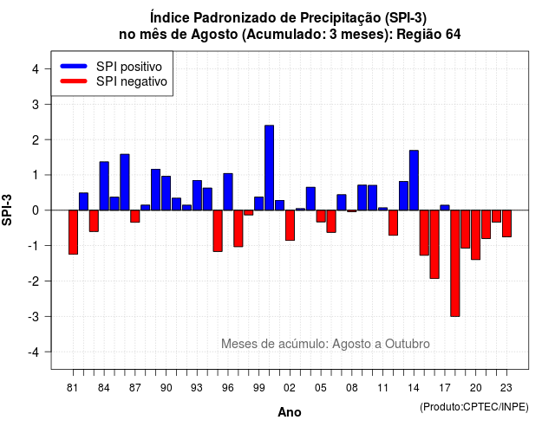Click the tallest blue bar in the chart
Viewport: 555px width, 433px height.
point(269,167)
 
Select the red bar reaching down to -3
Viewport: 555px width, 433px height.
point(455,263)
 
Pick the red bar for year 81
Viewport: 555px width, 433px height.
point(73,232)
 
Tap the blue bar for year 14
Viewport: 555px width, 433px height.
point(414,180)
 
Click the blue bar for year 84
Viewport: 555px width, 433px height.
point(104,186)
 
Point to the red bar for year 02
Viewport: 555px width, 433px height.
point(290,225)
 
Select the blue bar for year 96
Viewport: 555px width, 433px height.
point(228,192)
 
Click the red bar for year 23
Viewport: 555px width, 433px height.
point(506,223)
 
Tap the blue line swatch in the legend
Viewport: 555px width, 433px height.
point(74,66)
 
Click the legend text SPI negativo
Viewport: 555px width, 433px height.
point(132,81)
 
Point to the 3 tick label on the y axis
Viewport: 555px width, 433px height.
point(36,104)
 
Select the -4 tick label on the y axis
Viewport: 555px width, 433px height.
point(35,352)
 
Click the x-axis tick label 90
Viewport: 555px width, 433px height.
point(166,388)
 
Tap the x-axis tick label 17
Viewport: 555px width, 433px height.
point(445,388)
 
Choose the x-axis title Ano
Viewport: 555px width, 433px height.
point(290,412)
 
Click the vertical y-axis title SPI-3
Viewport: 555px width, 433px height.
point(7,210)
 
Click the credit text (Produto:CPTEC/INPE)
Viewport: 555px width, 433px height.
point(474,407)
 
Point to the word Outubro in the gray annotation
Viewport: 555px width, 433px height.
point(408,344)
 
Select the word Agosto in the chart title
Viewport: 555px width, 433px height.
point(214,35)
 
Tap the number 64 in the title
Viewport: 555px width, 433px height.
point(453,35)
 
